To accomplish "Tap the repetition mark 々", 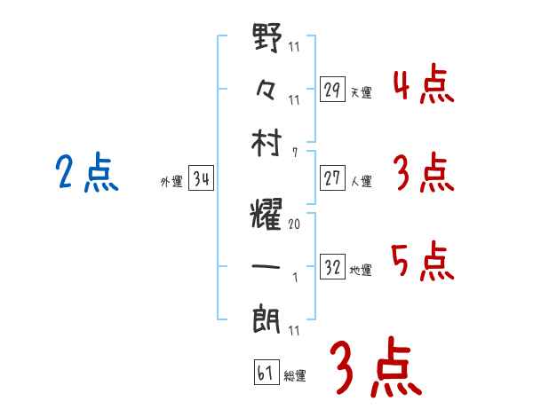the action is pos(267,90).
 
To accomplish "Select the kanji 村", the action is pos(267,141).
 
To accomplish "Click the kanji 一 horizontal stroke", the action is pos(267,264).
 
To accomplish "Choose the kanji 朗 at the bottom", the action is pos(267,316).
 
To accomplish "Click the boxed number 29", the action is pos(332,90).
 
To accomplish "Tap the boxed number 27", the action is pos(332,178).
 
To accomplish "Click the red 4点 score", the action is pos(423,86).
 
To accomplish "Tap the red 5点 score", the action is pos(423,262).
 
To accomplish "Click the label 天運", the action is pos(361,92).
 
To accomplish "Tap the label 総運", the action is pos(295,375).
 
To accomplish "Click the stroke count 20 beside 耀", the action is pos(294,224).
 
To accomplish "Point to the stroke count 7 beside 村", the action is pos(295,153).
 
